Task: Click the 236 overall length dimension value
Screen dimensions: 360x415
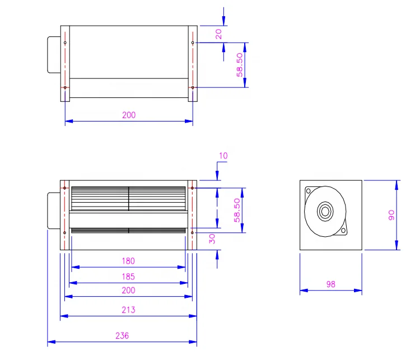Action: pos(122,336)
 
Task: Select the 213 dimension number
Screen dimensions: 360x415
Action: pos(129,310)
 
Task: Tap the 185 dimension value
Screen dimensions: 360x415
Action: pos(129,277)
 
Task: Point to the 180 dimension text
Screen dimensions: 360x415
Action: pos(129,261)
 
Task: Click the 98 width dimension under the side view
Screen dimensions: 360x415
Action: pos(330,284)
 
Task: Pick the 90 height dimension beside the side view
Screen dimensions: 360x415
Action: pos(391,214)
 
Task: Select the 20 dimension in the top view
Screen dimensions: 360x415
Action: pos(219,34)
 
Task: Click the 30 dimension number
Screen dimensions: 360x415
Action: pos(212,239)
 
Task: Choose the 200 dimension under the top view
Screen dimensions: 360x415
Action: pos(129,115)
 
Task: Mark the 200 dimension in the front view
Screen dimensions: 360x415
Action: pos(129,291)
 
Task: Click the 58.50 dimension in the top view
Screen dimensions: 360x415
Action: pos(239,65)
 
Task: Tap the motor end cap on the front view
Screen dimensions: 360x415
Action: pos(53,211)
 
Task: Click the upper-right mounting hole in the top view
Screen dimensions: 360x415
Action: pos(193,43)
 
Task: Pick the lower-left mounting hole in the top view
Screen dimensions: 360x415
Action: pos(66,87)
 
